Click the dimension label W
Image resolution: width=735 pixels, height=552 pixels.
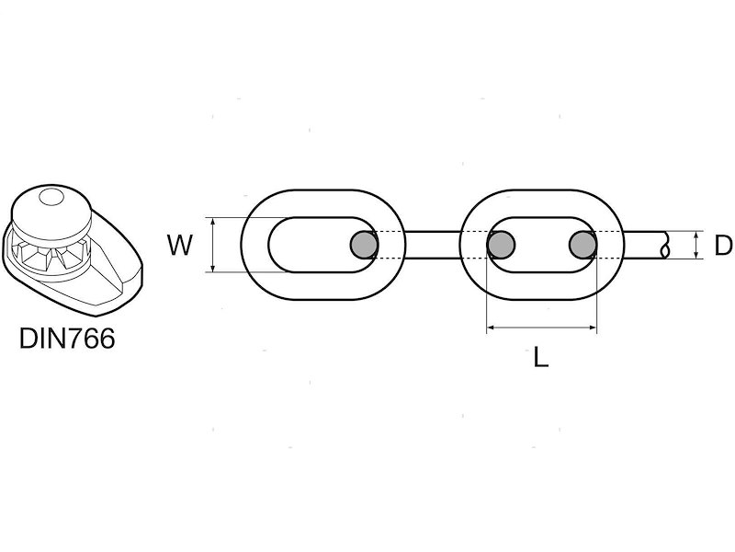pos(180,245)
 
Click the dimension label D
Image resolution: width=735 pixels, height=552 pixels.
pos(723,245)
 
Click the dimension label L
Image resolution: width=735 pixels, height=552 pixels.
pos(541,357)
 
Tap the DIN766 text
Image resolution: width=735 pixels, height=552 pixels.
pos(67,338)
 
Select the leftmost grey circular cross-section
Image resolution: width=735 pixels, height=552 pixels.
pos(364,245)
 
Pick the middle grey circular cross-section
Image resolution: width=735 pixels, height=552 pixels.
pos(501,245)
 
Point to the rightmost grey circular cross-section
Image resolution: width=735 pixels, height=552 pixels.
pos(583,245)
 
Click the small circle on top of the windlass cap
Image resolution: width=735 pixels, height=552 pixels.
pos(51,196)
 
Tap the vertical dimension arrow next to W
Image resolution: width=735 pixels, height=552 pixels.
pos(213,245)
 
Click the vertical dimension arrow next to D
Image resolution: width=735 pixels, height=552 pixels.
pos(697,245)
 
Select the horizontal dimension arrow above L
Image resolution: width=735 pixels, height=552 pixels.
pos(542,328)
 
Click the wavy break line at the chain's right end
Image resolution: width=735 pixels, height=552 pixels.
pos(664,245)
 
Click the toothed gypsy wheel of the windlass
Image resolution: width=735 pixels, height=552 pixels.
pos(51,255)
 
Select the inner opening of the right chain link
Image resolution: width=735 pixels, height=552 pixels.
pos(542,245)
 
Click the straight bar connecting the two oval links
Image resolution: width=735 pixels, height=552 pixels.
pos(433,245)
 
